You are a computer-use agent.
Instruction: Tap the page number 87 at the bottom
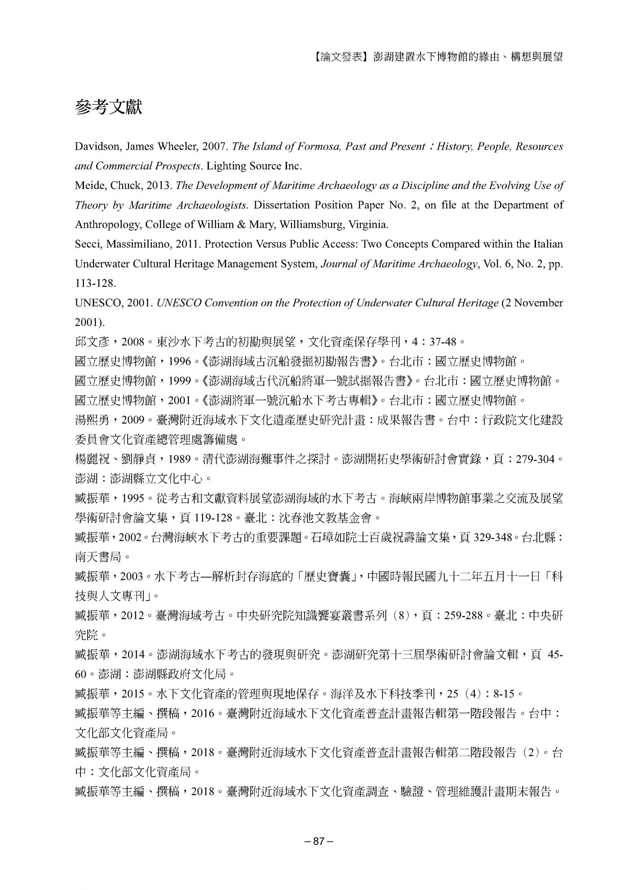point(319,841)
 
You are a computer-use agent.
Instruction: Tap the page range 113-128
point(95,283)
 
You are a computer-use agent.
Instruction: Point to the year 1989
point(179,459)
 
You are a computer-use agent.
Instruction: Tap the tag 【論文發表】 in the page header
point(341,57)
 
